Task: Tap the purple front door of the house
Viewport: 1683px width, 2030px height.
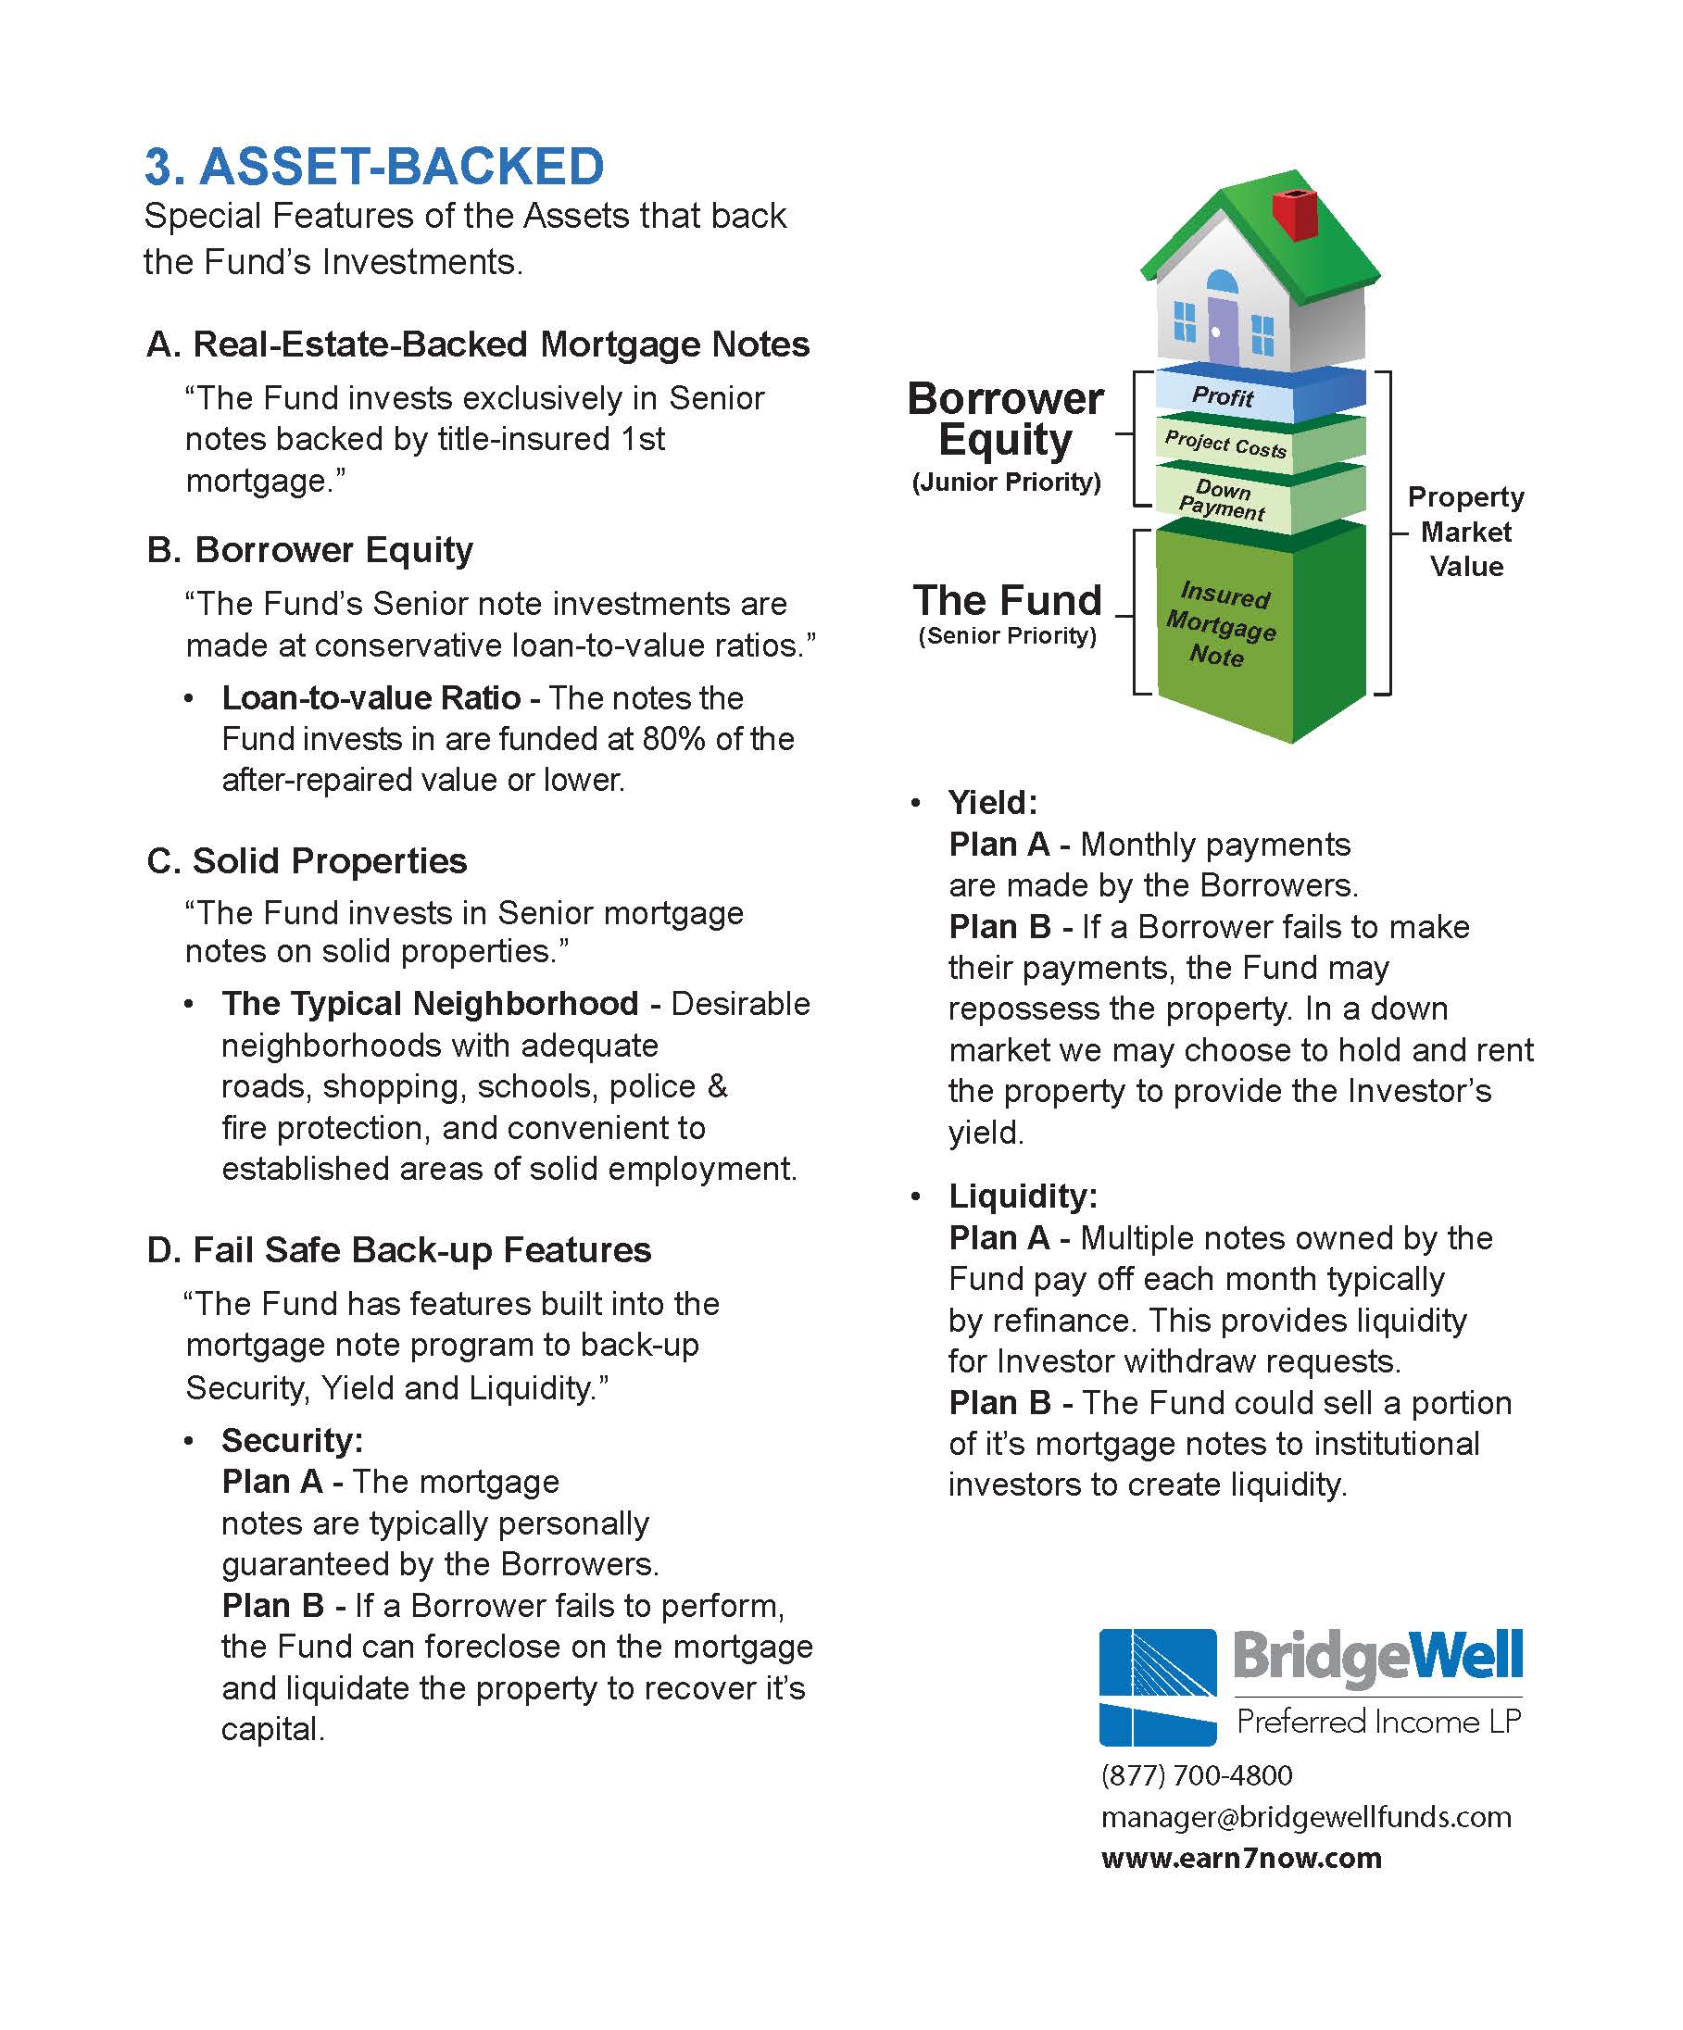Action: tap(1222, 329)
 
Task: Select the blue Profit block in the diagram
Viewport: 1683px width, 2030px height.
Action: tap(1224, 396)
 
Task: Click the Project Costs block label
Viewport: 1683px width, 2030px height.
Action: tap(1225, 444)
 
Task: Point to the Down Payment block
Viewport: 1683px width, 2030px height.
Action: tap(1222, 500)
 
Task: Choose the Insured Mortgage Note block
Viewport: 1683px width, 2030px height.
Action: tap(1220, 625)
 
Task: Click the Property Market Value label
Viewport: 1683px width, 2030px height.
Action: tap(1465, 531)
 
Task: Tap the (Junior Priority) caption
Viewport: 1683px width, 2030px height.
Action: tap(1005, 482)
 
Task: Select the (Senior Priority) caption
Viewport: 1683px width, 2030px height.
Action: tap(1006, 636)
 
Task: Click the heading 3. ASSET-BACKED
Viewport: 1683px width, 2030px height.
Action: tap(374, 167)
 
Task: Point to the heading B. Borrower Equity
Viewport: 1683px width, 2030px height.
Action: tap(309, 549)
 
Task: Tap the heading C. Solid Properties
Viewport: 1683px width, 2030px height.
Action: tap(307, 860)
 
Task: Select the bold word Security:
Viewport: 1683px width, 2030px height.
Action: tap(292, 1440)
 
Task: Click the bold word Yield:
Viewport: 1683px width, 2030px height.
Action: tap(992, 802)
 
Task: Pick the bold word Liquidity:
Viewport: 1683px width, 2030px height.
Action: tap(1023, 1196)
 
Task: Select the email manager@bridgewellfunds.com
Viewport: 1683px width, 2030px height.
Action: tap(1305, 1817)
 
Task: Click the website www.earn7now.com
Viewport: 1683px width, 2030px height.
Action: tap(1240, 1858)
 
